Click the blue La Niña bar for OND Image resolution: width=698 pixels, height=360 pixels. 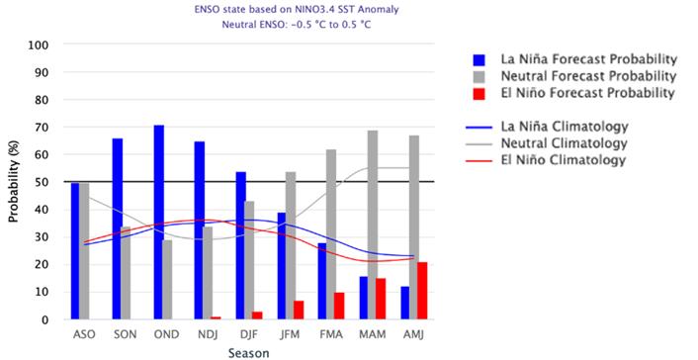pos(158,223)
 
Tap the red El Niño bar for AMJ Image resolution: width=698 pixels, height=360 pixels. pos(423,291)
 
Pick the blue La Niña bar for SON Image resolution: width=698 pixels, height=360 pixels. pos(118,228)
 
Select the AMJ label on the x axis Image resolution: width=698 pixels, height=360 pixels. pos(412,335)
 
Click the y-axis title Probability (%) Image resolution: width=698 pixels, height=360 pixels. pos(13,182)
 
